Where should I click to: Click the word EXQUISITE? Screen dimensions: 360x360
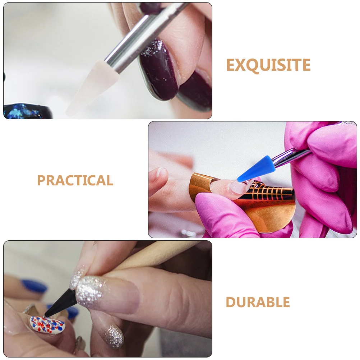[268, 65]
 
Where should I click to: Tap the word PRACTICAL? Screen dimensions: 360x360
[75, 180]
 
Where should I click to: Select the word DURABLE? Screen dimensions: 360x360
[258, 303]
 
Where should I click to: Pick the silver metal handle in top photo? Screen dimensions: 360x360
[144, 36]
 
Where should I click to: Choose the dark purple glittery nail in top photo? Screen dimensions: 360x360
[158, 68]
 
